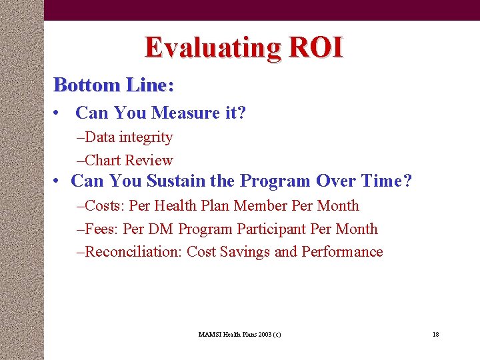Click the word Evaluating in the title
tap(213, 48)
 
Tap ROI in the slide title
tap(315, 47)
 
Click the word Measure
tap(183, 113)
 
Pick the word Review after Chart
tap(149, 160)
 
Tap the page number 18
tap(435, 334)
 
